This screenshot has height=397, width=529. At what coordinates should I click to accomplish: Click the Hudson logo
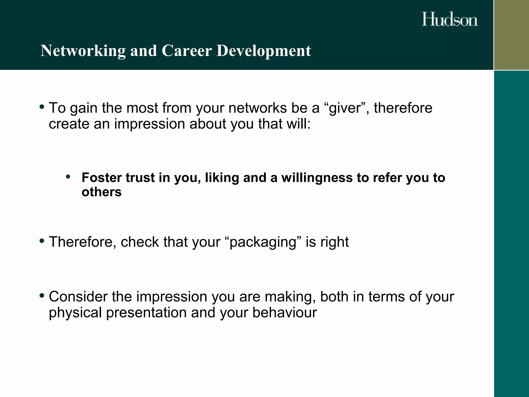click(450, 19)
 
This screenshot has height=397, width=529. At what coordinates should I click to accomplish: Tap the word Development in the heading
click(263, 51)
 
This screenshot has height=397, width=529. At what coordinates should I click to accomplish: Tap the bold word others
click(102, 192)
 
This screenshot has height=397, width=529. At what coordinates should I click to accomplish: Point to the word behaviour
click(284, 312)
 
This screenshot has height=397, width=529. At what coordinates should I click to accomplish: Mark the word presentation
click(146, 312)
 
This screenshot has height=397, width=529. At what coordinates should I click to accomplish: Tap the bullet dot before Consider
click(42, 295)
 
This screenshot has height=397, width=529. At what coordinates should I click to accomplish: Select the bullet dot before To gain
click(42, 107)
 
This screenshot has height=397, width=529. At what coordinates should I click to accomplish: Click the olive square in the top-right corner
click(511, 35)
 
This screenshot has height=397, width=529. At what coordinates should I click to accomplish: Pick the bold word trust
click(140, 178)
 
